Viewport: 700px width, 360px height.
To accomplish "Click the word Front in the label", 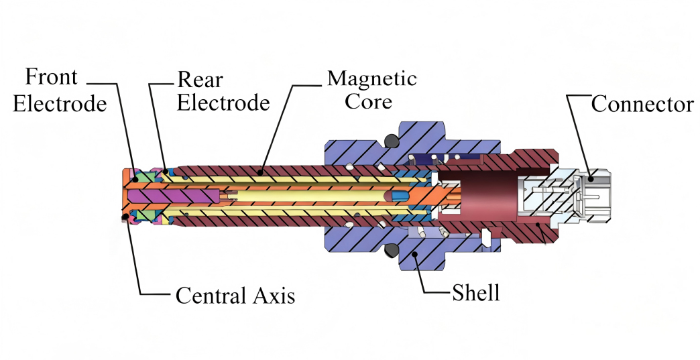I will coord(52,77).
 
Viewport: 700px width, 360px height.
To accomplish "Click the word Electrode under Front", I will coord(60,104).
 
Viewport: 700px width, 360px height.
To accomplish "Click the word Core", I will coord(369,102).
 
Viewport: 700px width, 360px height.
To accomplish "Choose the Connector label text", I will coord(642,105).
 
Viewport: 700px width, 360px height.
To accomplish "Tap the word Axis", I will coord(274,296).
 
